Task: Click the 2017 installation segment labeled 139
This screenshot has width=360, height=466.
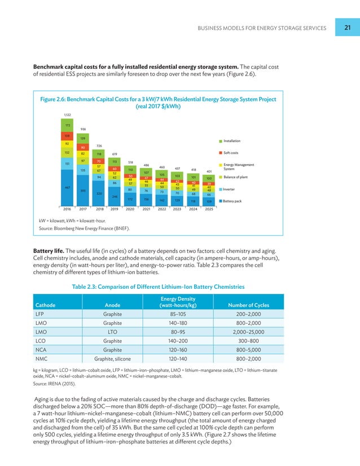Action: (83, 138)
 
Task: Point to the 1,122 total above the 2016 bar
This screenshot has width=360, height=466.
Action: (67, 115)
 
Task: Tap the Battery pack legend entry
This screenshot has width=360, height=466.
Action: (234, 201)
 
